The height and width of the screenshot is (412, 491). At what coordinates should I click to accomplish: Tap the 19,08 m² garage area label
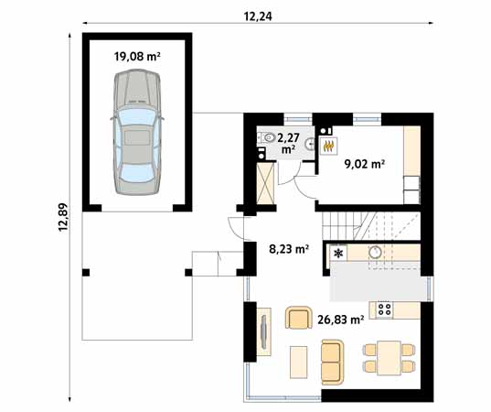point(137,56)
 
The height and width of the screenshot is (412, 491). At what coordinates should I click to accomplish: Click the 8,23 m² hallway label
point(289,247)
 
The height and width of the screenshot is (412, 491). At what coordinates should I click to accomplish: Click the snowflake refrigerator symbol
point(338,253)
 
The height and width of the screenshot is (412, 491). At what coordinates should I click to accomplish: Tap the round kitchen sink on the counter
point(375,252)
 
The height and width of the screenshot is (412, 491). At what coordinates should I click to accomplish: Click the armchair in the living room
point(298,318)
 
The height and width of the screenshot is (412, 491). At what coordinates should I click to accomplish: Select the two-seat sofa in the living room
point(333,362)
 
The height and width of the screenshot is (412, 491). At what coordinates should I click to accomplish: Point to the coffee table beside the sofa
point(298,362)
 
